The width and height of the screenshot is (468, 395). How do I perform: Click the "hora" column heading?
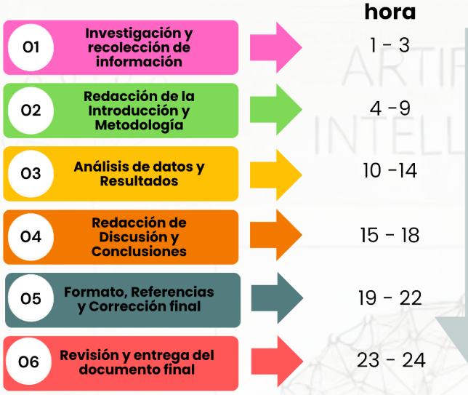[x=390, y=12]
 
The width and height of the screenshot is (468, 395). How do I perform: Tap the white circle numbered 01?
[x=31, y=48]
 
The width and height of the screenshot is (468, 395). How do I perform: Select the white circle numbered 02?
[x=31, y=111]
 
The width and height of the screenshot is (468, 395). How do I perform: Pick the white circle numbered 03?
[x=31, y=174]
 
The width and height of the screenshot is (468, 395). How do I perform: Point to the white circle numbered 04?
[x=31, y=237]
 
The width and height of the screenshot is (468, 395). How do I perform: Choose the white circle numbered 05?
[x=31, y=300]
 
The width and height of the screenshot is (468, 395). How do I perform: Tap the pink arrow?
[x=276, y=48]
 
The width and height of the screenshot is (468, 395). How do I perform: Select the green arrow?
[x=276, y=111]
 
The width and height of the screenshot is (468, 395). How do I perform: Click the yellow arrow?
[x=276, y=174]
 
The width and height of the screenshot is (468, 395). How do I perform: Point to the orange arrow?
[x=276, y=237]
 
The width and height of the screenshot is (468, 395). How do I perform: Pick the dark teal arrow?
[x=276, y=300]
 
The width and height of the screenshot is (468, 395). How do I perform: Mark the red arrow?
[x=276, y=362]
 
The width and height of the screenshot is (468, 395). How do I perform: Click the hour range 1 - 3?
[x=390, y=45]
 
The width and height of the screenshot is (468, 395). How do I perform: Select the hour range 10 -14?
[x=390, y=172]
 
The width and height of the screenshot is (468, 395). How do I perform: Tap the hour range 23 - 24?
[x=391, y=360]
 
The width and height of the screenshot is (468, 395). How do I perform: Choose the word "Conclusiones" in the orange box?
[x=139, y=252]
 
